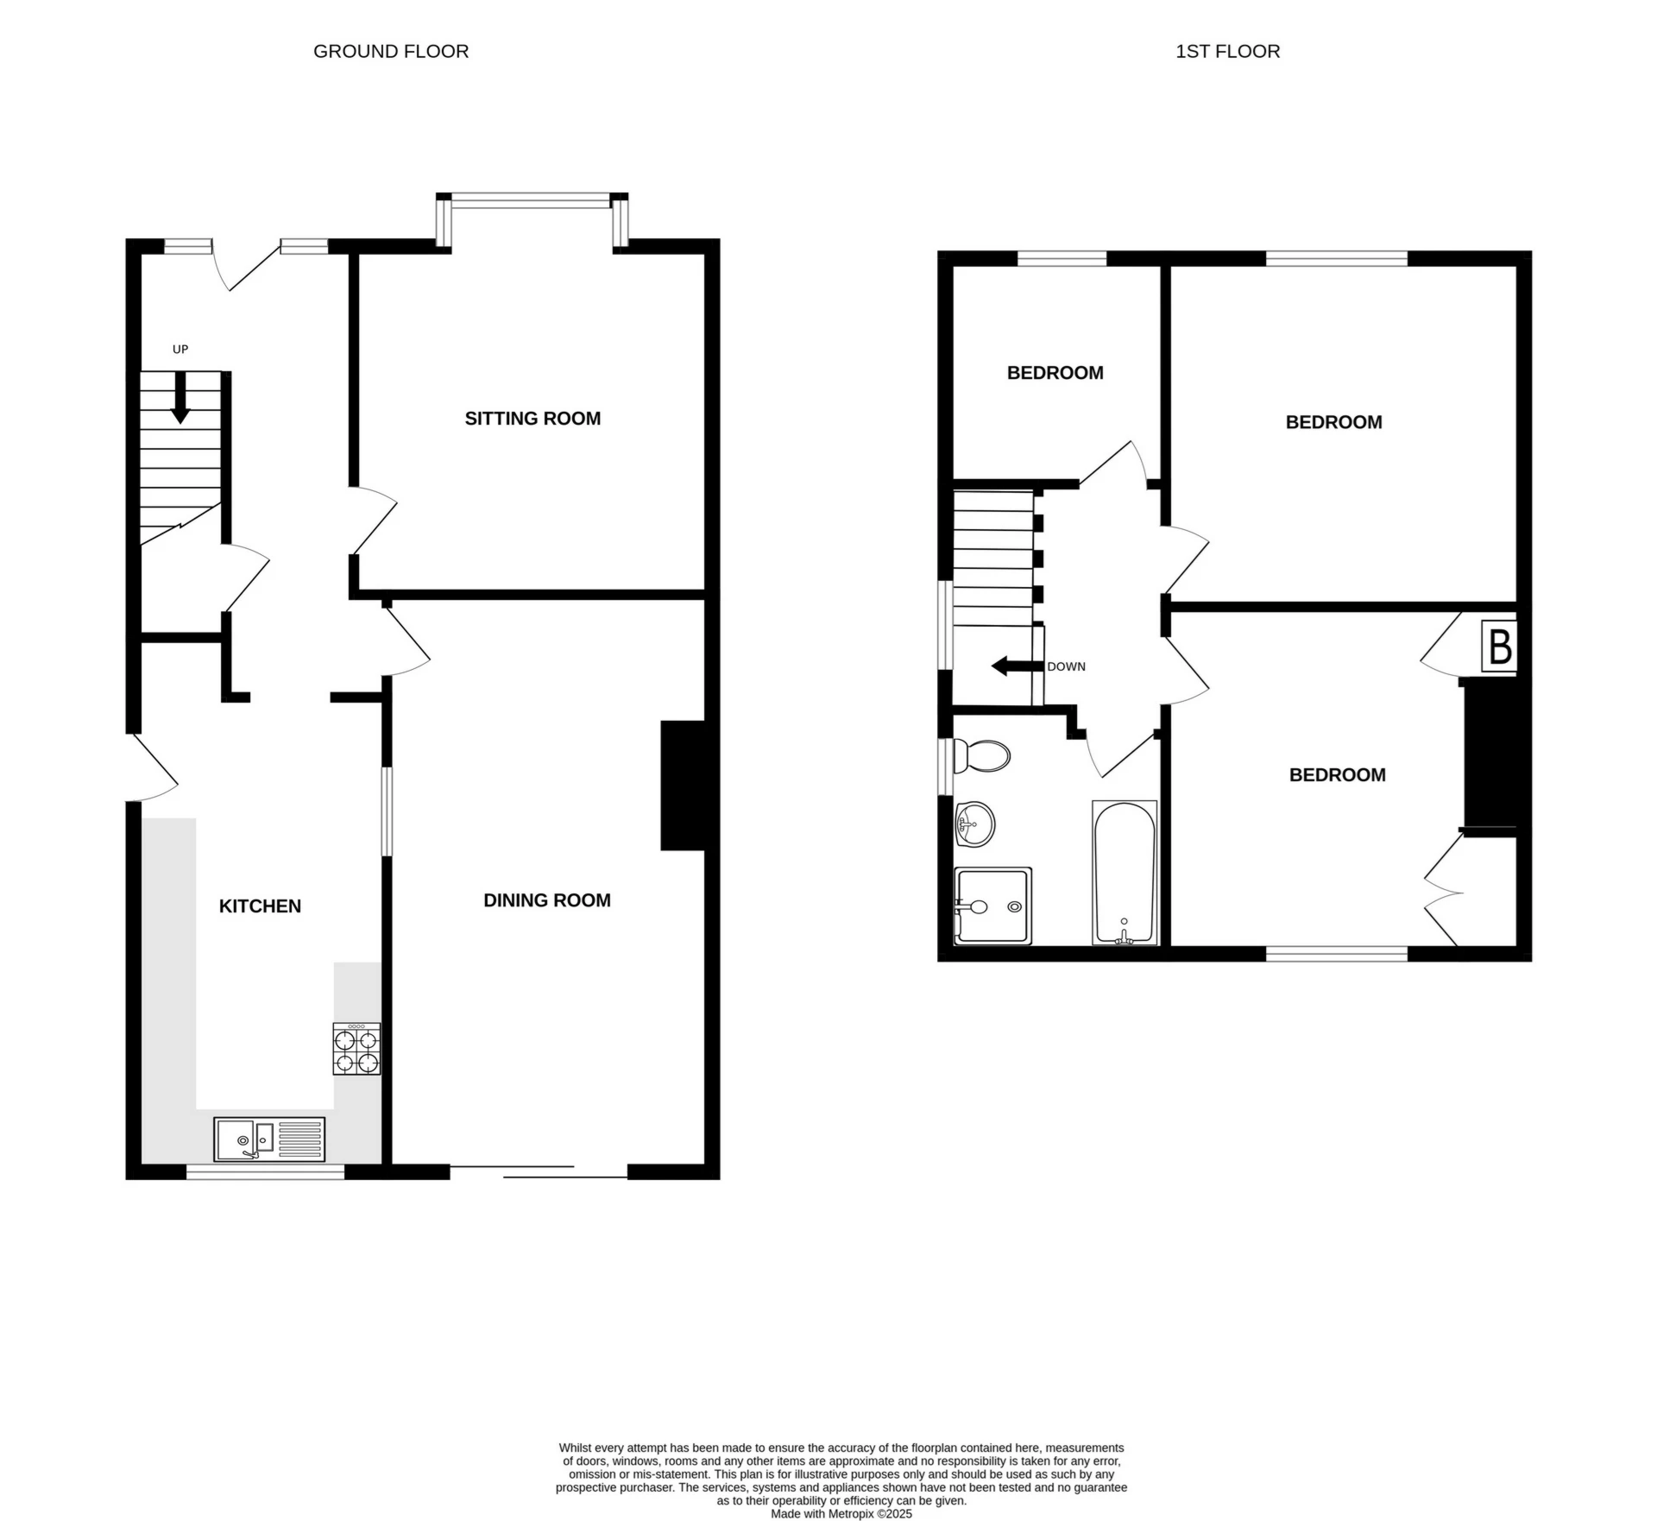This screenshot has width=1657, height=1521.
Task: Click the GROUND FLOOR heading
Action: [391, 52]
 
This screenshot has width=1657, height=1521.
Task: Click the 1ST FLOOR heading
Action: [1227, 52]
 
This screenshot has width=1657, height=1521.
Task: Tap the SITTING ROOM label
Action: [532, 419]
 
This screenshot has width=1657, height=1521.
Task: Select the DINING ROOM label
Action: [547, 900]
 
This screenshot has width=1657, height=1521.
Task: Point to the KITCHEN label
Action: [260, 906]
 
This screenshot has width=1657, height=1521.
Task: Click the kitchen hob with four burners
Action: [356, 1049]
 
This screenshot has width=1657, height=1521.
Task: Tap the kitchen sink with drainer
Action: [270, 1139]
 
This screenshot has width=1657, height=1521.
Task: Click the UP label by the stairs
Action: [180, 350]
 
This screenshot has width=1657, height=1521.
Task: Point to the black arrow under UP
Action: [180, 397]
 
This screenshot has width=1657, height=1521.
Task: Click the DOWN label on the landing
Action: [1067, 666]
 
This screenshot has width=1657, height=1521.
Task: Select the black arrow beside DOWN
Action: [1018, 666]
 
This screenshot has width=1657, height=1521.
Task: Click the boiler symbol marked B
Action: [1499, 646]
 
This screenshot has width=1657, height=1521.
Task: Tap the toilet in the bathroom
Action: [981, 756]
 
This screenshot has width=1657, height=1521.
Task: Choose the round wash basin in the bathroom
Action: [975, 824]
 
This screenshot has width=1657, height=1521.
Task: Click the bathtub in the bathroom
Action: [1125, 873]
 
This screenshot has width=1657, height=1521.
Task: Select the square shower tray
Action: [992, 906]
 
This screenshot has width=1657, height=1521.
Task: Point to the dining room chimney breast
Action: [684, 786]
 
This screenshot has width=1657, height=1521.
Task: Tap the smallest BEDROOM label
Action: [1055, 373]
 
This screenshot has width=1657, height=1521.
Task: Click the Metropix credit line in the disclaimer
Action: [841, 1513]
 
